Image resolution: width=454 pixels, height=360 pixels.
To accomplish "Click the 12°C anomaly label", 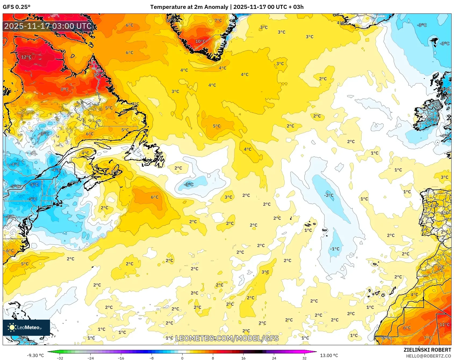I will point(26,57).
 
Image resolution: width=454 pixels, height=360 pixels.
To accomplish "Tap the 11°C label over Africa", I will point(444,324).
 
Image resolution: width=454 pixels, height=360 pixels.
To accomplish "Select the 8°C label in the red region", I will point(65,89).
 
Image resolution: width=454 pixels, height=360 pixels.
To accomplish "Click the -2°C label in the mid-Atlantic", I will point(328,195).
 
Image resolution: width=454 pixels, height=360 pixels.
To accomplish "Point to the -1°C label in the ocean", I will point(335,249).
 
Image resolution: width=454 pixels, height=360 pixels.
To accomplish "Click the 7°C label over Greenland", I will point(218,20).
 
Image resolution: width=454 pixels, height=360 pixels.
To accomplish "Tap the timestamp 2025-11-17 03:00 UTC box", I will point(48,26).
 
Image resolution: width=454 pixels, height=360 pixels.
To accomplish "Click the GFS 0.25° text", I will point(16,7).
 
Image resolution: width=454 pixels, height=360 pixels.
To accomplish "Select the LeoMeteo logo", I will point(26,327).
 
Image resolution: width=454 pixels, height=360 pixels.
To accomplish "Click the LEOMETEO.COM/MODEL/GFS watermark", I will point(227,338).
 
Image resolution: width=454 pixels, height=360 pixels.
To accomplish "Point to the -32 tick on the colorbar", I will point(60,358).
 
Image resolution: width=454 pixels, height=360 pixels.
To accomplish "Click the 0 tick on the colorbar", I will point(182,358).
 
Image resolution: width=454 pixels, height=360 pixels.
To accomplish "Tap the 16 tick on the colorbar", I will point(243,358).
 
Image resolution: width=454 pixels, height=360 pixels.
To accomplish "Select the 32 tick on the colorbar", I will point(304,358).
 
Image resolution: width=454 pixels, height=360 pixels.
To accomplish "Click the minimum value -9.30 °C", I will point(35,355).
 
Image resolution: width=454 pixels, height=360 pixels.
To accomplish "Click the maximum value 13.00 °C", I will point(329,355).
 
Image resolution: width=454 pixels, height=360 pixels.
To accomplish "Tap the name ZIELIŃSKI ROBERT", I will point(427,350).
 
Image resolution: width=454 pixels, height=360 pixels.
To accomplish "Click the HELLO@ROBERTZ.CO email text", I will point(428,356).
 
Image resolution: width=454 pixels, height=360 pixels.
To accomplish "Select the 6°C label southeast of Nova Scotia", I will point(155,197).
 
